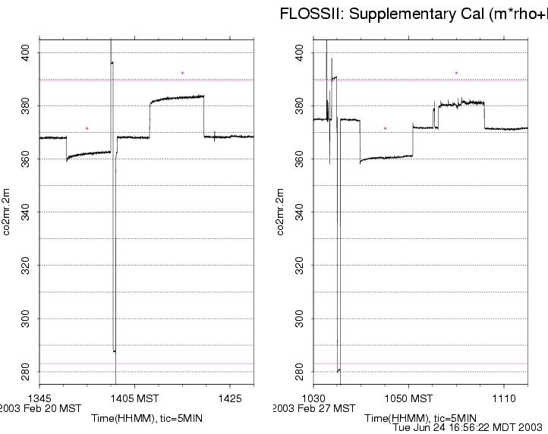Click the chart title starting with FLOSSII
click(x=414, y=14)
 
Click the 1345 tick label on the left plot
click(x=39, y=398)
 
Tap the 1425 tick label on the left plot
click(x=230, y=398)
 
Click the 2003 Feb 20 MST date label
click(x=40, y=408)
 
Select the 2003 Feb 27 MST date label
click(x=314, y=408)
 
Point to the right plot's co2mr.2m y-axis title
click(x=282, y=212)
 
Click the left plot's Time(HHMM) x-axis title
click(x=146, y=418)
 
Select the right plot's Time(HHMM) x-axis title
click(x=420, y=418)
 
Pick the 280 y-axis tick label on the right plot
click(x=299, y=372)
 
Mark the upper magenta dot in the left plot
click(x=182, y=73)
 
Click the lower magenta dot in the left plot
click(x=87, y=128)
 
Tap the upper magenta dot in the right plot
click(x=456, y=73)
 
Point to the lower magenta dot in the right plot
click(x=385, y=128)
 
